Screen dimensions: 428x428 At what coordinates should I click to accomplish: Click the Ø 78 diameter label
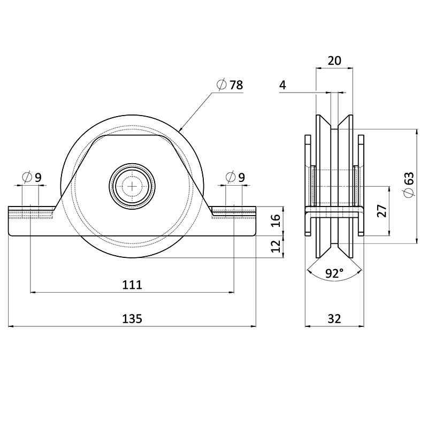click(x=230, y=85)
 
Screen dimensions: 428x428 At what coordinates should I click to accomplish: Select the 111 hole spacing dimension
click(x=132, y=285)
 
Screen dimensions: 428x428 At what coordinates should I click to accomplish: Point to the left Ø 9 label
click(x=32, y=177)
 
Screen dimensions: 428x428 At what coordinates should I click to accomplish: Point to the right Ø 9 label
click(x=235, y=177)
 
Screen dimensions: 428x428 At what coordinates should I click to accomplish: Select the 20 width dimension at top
click(x=334, y=61)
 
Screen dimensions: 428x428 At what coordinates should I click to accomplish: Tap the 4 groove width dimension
click(x=282, y=85)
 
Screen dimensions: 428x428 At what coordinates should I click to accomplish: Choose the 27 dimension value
click(x=381, y=211)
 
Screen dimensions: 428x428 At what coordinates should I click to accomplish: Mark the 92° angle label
click(x=334, y=274)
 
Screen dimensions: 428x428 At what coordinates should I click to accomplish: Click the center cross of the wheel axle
click(x=132, y=186)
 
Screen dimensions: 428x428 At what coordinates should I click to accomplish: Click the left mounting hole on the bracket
click(x=30, y=212)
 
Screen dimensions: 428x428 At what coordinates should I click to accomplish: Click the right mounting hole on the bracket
click(x=234, y=212)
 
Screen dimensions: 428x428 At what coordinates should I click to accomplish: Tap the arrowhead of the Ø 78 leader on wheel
click(x=180, y=130)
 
